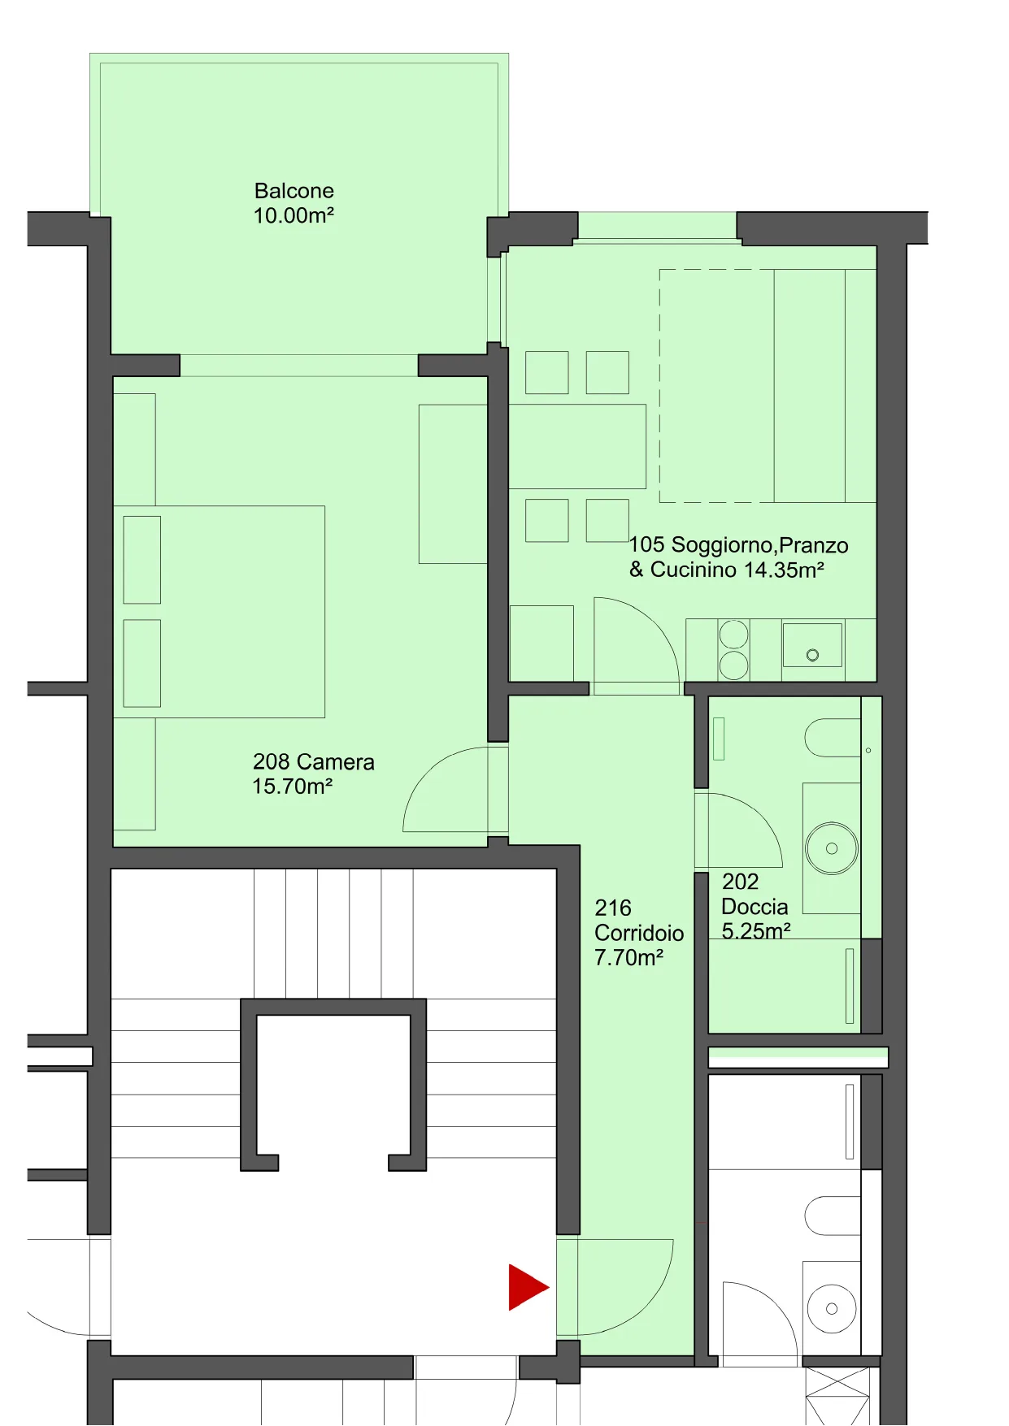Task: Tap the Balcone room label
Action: point(294,191)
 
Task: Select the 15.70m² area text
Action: point(293,787)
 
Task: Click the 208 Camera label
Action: point(314,762)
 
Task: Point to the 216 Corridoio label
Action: point(639,921)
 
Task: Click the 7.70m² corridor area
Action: point(628,958)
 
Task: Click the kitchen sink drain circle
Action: point(812,655)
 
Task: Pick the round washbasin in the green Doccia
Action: point(832,848)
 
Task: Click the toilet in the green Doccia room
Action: point(833,738)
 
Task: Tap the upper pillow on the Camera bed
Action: point(141,560)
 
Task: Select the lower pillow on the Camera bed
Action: point(141,663)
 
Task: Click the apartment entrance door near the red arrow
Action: point(642,1308)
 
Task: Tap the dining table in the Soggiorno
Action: point(577,447)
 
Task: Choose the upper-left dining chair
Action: point(546,372)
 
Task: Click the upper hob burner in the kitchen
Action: point(733,635)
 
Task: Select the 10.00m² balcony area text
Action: point(294,216)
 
